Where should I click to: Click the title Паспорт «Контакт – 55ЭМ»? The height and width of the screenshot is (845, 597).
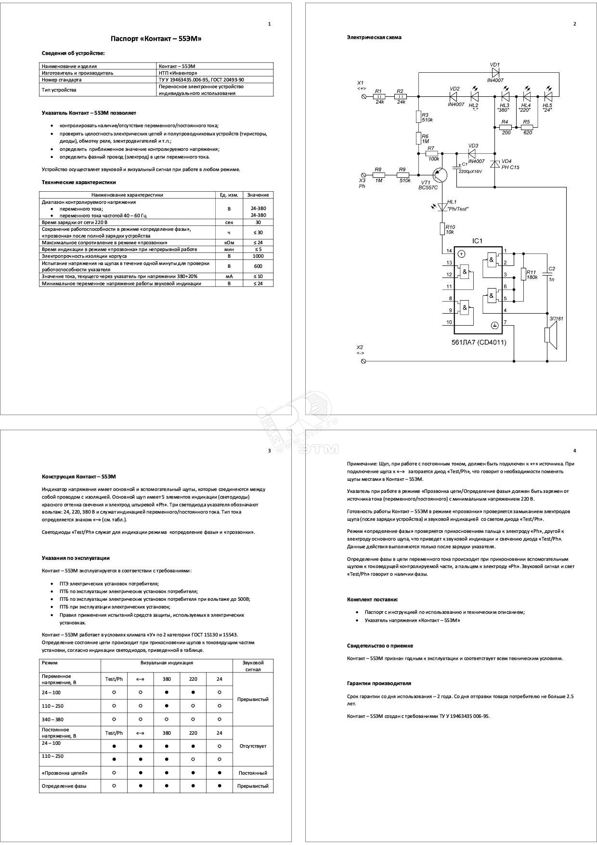[156, 39]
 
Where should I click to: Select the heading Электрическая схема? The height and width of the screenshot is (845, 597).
[374, 37]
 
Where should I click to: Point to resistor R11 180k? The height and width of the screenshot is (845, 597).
[523, 275]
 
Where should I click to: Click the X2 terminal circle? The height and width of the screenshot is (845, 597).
[363, 360]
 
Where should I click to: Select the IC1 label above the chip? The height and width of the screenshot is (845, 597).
[477, 241]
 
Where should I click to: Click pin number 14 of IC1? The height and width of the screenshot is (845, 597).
[449, 251]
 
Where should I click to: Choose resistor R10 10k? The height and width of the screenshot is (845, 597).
[442, 228]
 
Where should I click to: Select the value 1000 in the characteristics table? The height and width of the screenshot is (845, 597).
[258, 256]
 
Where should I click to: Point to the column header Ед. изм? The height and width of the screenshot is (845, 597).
[229, 195]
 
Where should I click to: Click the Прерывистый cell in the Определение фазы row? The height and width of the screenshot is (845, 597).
[253, 786]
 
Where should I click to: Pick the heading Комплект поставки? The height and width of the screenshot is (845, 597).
[372, 599]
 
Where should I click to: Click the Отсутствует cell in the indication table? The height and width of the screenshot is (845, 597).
[253, 746]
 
